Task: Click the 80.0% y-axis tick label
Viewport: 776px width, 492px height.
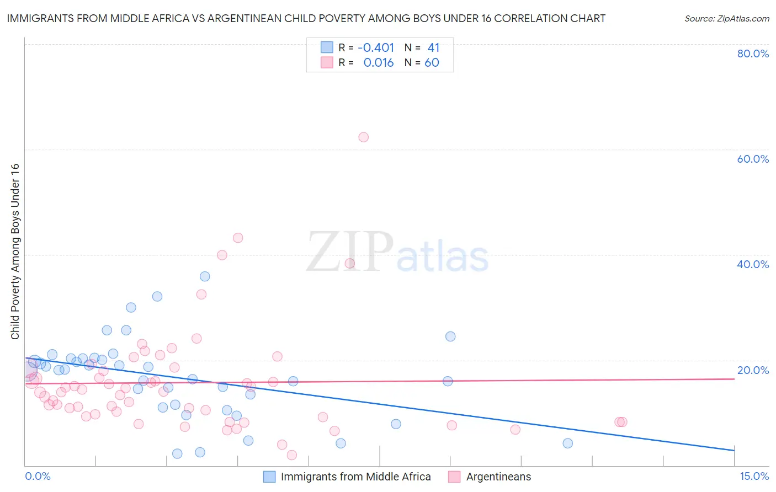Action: tap(753, 54)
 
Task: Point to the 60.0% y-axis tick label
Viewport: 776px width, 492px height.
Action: tap(753, 159)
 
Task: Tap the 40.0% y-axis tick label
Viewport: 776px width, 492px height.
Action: tap(753, 264)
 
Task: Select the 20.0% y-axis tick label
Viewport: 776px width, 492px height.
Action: tap(753, 370)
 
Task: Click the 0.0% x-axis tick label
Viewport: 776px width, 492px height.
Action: tap(38, 476)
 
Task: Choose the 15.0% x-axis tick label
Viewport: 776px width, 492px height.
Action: tap(754, 476)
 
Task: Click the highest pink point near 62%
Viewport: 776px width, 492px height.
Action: tap(363, 137)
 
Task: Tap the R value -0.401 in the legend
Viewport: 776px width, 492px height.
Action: tap(376, 47)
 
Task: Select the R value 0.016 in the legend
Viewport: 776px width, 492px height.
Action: tap(379, 62)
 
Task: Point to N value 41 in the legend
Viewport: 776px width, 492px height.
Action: tap(433, 47)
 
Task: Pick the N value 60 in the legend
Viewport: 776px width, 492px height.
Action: tap(432, 62)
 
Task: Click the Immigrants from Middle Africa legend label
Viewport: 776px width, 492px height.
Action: tap(355, 477)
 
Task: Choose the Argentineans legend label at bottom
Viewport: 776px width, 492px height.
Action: tap(498, 477)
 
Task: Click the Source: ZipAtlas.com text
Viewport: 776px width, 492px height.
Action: tap(726, 18)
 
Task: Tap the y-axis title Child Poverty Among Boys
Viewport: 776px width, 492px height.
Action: tap(15, 252)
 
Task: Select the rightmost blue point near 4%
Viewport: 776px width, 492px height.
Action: tap(567, 443)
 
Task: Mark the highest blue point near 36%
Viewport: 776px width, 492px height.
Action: tap(205, 276)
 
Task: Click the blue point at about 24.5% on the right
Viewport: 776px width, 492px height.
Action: tap(450, 336)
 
